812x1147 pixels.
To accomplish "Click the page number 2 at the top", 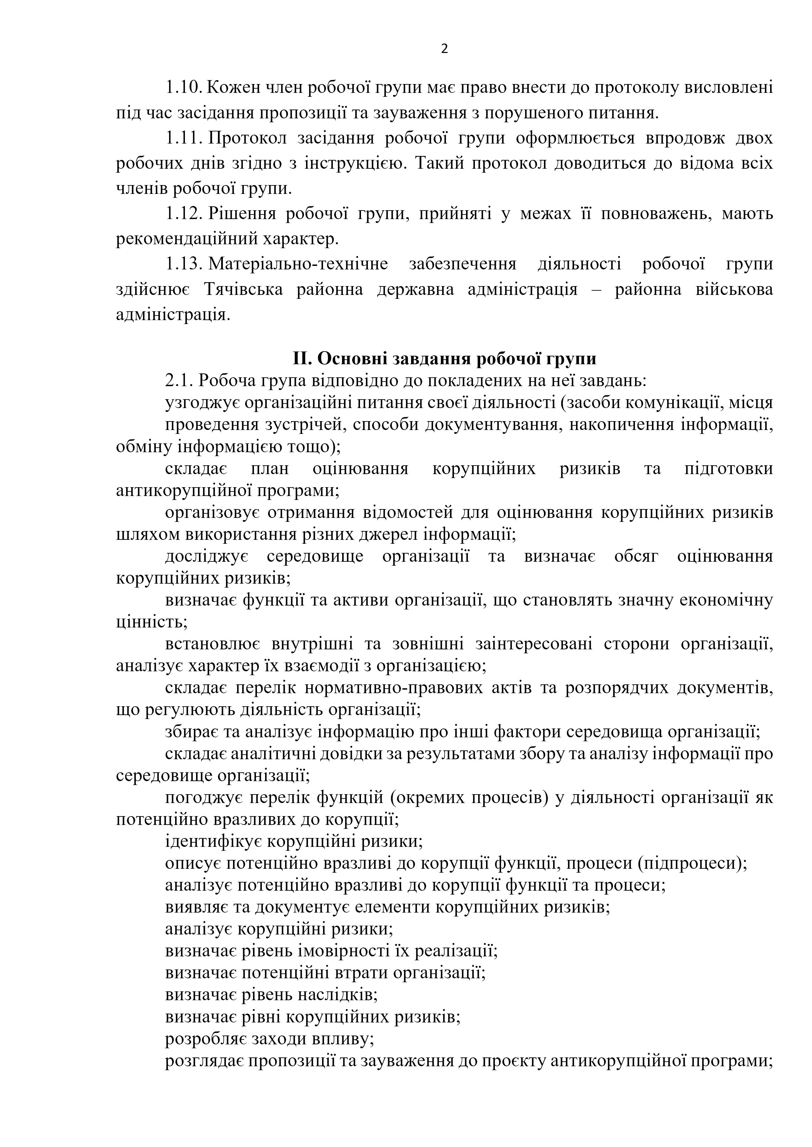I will coord(444,49).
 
